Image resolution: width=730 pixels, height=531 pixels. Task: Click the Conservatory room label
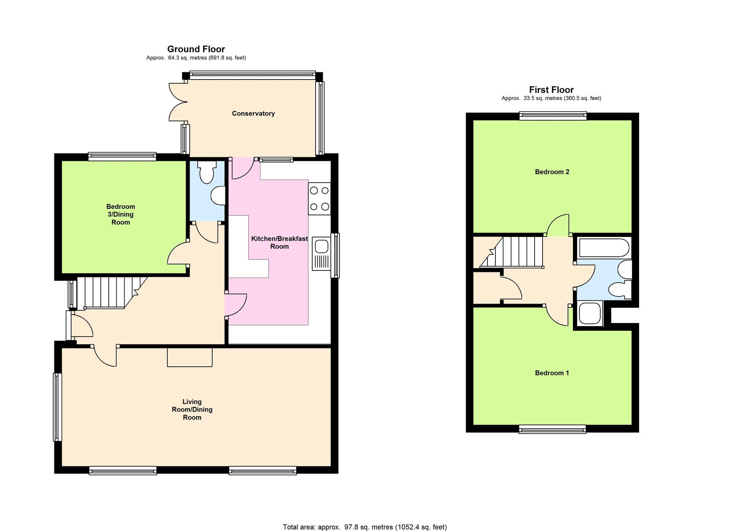coord(253,113)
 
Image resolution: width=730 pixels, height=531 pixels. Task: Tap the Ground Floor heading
coord(196,49)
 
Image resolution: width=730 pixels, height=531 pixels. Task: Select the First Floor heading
coord(551,90)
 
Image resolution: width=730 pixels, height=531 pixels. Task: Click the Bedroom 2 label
coord(552,172)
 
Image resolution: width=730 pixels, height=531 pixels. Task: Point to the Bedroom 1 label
coord(552,373)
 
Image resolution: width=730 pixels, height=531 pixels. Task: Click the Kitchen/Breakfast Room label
coord(279,243)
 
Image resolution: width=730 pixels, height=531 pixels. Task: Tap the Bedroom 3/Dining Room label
coord(121,215)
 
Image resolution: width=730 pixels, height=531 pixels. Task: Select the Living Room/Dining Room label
coord(192,410)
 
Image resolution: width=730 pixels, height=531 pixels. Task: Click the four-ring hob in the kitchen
coord(319,199)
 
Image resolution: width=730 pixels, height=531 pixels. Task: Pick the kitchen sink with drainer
coord(322,254)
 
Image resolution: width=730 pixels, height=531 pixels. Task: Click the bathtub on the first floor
coord(604,248)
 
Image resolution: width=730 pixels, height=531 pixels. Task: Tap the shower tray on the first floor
coord(590,313)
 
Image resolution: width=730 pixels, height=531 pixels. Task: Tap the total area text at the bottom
coord(365,527)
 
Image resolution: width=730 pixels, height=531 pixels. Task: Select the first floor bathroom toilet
coord(620,290)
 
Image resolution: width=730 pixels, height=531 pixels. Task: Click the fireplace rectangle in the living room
coord(190,358)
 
